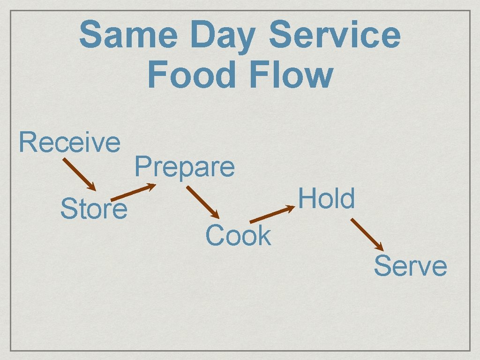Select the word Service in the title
(335, 36)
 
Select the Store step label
(94, 209)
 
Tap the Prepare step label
(185, 167)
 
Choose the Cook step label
(238, 235)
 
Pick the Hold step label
(327, 198)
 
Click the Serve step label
(410, 266)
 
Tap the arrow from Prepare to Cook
(202, 202)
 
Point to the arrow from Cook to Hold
(271, 216)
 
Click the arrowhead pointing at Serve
(380, 247)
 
